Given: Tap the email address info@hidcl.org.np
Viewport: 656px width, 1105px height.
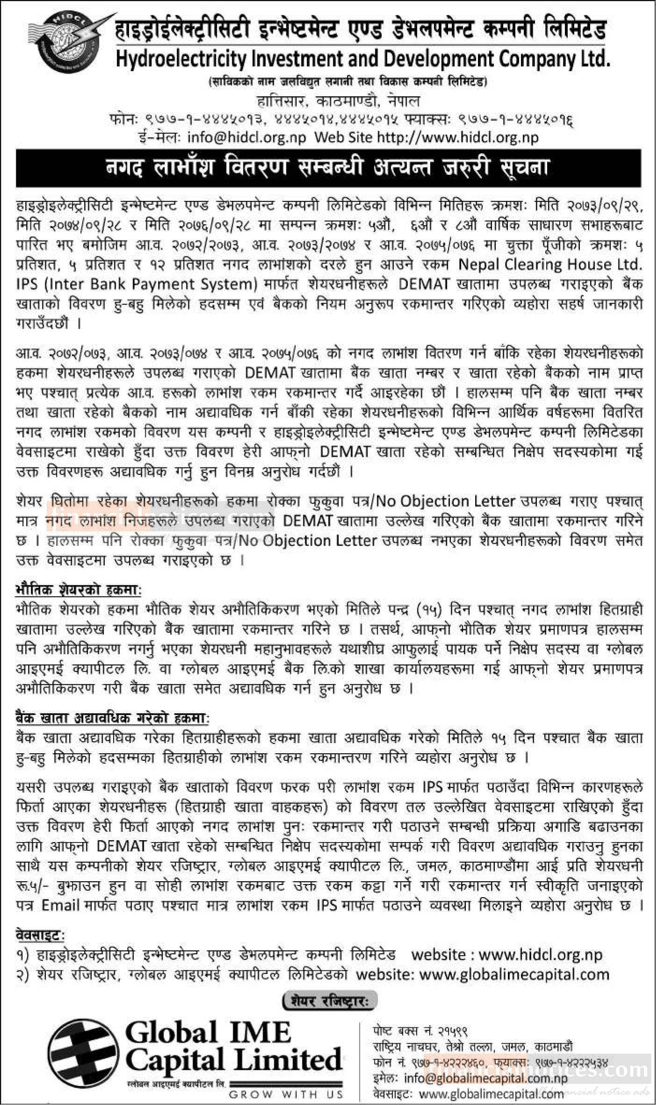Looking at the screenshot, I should [x=246, y=137].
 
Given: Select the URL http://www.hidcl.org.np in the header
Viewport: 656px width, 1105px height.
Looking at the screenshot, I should [x=457, y=137].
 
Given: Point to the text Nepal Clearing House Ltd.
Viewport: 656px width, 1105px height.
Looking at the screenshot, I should [x=549, y=264].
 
